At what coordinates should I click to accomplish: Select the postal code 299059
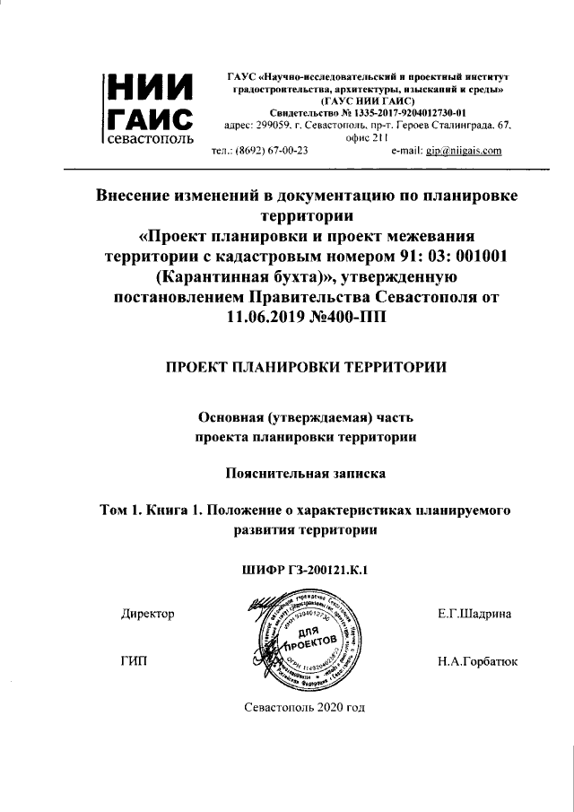point(274,126)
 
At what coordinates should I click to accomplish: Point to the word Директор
point(146,614)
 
